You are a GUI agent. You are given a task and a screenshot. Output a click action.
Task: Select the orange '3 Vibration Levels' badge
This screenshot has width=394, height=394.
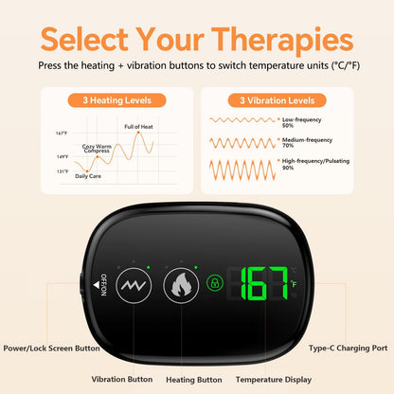tap(276, 100)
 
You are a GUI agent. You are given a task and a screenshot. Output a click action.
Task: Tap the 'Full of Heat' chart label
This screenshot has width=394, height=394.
tap(139, 126)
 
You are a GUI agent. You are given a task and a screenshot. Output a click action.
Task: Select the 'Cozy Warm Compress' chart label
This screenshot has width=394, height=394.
tap(97, 148)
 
